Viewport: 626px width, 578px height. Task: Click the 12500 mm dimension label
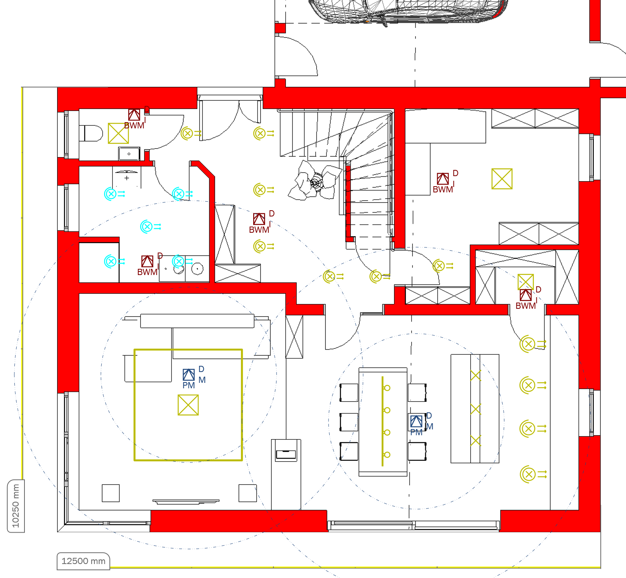pyautogui.click(x=83, y=561)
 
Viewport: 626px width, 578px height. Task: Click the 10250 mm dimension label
pyautogui.click(x=16, y=506)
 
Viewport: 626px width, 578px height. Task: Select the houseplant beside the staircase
pyautogui.click(x=315, y=180)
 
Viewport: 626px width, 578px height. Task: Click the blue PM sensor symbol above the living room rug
pyautogui.click(x=189, y=375)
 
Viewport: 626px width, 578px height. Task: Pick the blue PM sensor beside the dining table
pyautogui.click(x=416, y=421)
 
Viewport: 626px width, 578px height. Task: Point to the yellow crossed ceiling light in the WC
pyautogui.click(x=118, y=133)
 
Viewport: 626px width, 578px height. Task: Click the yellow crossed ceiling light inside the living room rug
pyautogui.click(x=188, y=405)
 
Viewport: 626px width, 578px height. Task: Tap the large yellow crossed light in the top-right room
pyautogui.click(x=502, y=179)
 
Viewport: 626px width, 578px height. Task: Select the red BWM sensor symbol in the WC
pyautogui.click(x=134, y=115)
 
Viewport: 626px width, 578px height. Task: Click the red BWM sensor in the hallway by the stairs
pyautogui.click(x=259, y=219)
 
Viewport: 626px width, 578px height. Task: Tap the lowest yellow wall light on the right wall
pyautogui.click(x=533, y=474)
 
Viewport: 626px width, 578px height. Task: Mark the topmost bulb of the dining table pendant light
pyautogui.click(x=387, y=388)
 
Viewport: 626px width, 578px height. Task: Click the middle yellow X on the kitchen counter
pyautogui.click(x=476, y=409)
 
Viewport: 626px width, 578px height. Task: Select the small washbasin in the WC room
pyautogui.click(x=129, y=154)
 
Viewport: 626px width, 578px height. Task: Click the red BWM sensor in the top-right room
pyautogui.click(x=443, y=179)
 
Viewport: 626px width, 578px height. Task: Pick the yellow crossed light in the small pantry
pyautogui.click(x=526, y=282)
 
